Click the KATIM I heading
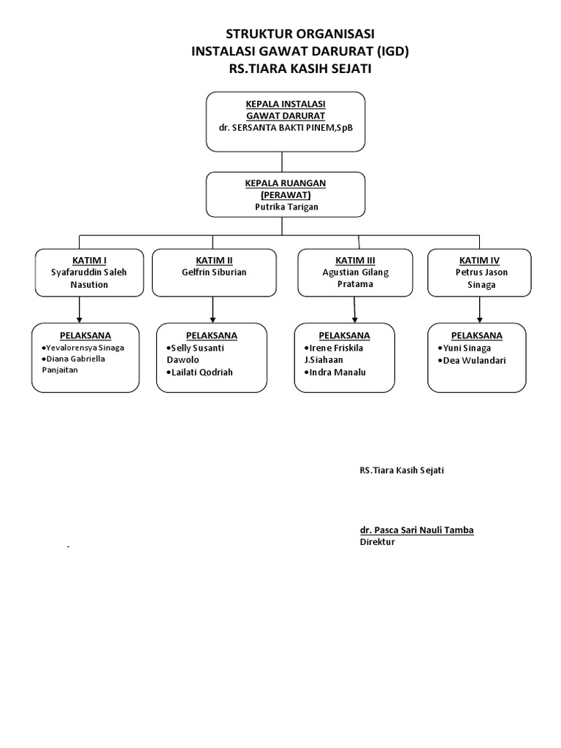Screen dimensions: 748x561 [89, 260]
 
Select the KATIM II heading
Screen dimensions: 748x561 [214, 260]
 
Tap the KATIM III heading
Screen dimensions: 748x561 [355, 260]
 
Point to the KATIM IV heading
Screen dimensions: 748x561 [479, 260]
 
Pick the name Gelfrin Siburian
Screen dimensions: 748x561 [214, 272]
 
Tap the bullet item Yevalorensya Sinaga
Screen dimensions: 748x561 [84, 348]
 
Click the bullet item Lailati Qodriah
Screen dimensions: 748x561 [202, 373]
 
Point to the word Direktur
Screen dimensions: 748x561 [377, 542]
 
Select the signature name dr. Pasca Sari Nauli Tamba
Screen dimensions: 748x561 [416, 530]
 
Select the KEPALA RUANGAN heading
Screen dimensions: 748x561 [286, 183]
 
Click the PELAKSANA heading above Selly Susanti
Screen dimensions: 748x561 [212, 335]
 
